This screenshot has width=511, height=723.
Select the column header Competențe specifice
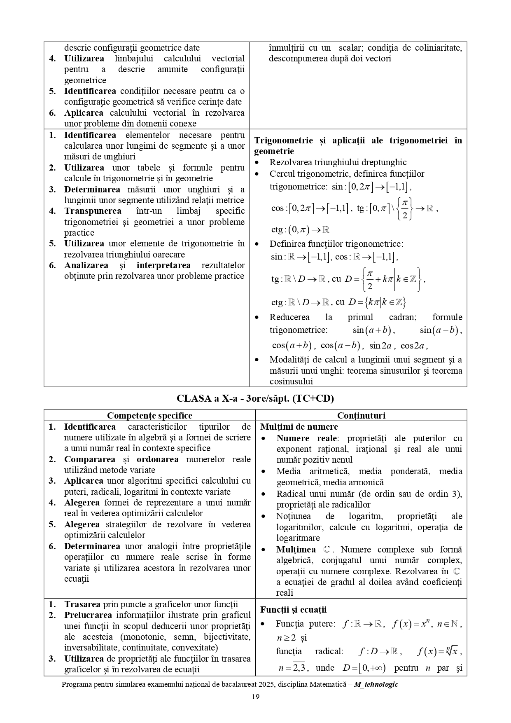tap(149, 415)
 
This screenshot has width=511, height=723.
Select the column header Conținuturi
tap(361, 415)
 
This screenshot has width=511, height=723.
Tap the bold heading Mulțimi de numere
tap(299, 427)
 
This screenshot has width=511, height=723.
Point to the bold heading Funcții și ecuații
tap(293, 610)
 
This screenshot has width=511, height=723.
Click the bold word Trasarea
tap(82, 604)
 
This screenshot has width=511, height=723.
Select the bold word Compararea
tap(90, 459)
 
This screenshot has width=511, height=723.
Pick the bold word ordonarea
tap(158, 459)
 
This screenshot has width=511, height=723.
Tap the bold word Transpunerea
tap(93, 211)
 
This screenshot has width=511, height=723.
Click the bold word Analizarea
tap(86, 265)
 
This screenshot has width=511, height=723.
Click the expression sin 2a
tap(380, 346)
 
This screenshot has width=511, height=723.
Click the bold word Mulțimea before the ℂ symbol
tap(296, 550)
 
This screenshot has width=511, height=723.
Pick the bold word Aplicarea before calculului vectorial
tap(84, 113)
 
